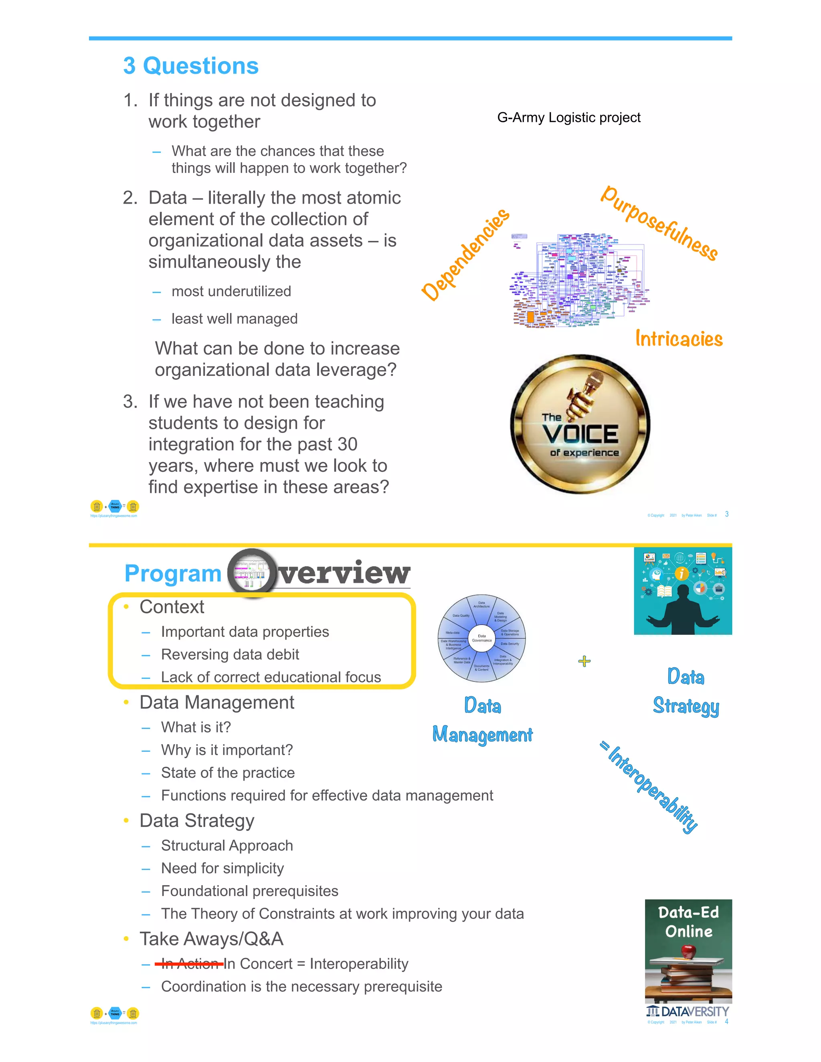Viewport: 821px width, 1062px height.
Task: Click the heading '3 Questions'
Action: pos(191,66)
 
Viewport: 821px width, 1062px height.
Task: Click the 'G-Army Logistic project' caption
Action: pos(568,118)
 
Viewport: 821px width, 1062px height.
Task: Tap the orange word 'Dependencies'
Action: pos(465,254)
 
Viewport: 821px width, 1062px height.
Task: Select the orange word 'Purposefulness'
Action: pos(659,223)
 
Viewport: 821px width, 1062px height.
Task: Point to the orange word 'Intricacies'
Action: pos(679,339)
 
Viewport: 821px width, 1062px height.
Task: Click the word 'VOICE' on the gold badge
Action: pos(580,434)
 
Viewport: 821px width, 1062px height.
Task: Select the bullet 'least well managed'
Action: pos(235,319)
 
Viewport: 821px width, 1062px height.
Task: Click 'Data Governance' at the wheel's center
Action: pos(481,638)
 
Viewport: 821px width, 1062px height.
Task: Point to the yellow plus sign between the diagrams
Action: pos(584,661)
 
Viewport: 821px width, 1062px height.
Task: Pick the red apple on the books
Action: pos(688,950)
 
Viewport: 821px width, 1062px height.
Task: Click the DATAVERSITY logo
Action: pos(688,1012)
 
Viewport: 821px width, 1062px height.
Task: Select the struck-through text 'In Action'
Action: pos(190,963)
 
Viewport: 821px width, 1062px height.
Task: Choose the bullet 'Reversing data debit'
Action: pos(230,654)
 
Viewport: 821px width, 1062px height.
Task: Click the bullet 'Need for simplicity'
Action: pos(222,868)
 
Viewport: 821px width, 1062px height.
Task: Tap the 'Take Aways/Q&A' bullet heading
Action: pos(211,939)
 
